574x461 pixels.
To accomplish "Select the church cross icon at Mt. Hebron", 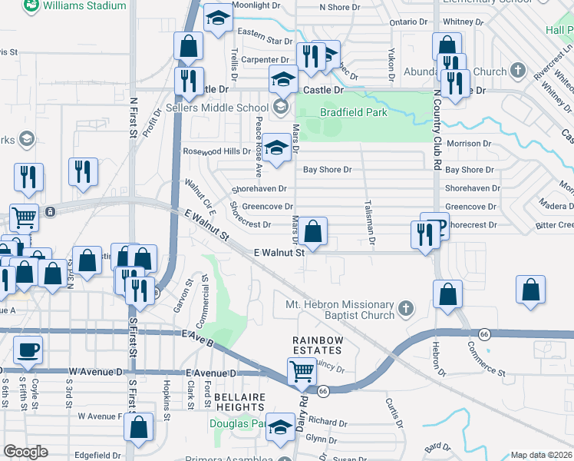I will pyautogui.click(x=406, y=310).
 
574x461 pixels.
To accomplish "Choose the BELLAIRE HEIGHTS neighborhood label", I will pyautogui.click(x=240, y=403).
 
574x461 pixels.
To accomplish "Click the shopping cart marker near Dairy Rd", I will pyautogui.click(x=302, y=372).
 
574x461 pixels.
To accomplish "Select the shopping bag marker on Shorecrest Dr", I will pyautogui.click(x=313, y=230).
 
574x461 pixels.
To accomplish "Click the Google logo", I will pyautogui.click(x=25, y=452).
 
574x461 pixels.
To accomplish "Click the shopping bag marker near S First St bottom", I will pyautogui.click(x=139, y=429).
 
